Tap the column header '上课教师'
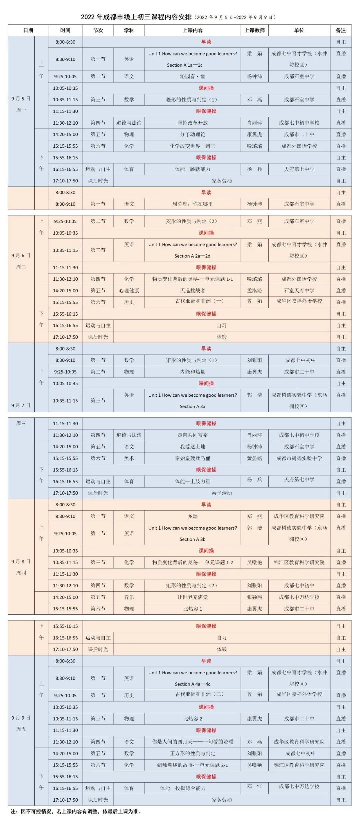(254, 30)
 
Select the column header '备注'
(341, 30)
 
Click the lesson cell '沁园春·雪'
(192, 76)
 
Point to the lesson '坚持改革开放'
(192, 123)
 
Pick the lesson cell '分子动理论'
(192, 134)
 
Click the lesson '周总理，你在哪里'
(192, 204)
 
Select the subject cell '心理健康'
(129, 291)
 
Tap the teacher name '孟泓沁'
(254, 291)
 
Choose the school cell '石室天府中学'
(299, 291)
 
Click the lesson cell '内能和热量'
(192, 372)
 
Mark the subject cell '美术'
(129, 458)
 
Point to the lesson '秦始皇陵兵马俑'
(192, 458)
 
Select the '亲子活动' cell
(222, 493)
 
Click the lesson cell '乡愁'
(192, 516)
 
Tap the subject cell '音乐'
(129, 597)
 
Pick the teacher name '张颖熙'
(254, 597)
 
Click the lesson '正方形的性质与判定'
(192, 753)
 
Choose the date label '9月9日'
(21, 718)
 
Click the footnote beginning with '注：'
(76, 811)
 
